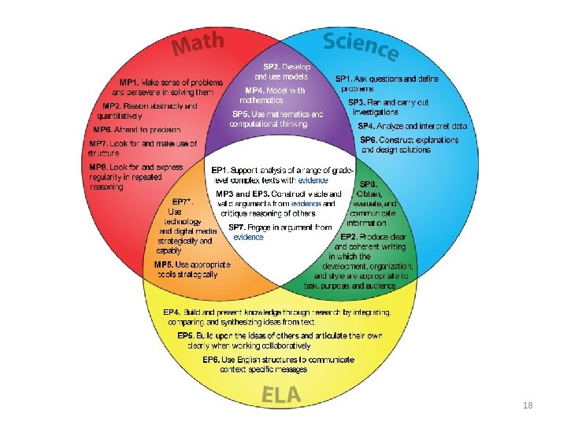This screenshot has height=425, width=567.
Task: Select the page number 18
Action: pyautogui.click(x=528, y=405)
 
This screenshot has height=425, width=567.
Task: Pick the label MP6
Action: pyautogui.click(x=103, y=129)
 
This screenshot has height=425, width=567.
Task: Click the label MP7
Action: pyautogui.click(x=99, y=144)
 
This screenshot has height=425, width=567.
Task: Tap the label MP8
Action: pyautogui.click(x=99, y=167)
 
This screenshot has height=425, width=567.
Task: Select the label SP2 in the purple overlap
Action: pyautogui.click(x=272, y=66)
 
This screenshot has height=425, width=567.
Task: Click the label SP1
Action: pyautogui.click(x=347, y=79)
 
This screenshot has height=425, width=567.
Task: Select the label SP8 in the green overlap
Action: pyautogui.click(x=369, y=183)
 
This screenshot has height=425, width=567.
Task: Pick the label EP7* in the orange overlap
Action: pyautogui.click(x=183, y=201)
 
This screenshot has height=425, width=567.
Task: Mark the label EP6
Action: pyautogui.click(x=212, y=359)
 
